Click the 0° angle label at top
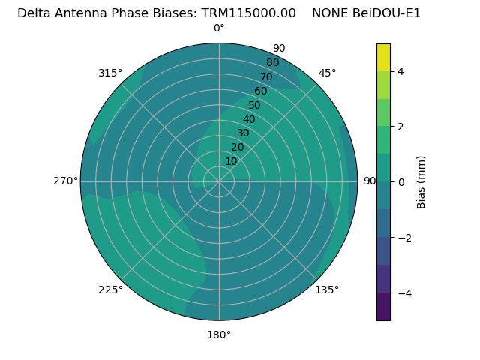(x=219, y=28)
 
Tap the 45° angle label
(x=328, y=73)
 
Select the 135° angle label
(x=327, y=289)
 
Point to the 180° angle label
(x=219, y=334)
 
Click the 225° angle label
(x=110, y=289)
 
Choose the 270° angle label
(x=65, y=181)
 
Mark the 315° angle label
(x=110, y=73)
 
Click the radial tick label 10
(x=231, y=161)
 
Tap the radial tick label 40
(x=249, y=120)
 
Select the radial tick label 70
(x=266, y=77)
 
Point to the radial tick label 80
(x=272, y=63)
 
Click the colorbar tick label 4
(x=400, y=71)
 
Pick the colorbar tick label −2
(x=403, y=237)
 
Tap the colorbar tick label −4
(x=403, y=292)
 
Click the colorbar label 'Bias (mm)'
(x=421, y=182)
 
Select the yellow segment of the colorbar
(x=383, y=57)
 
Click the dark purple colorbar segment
(x=383, y=307)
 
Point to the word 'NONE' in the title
(x=330, y=13)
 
